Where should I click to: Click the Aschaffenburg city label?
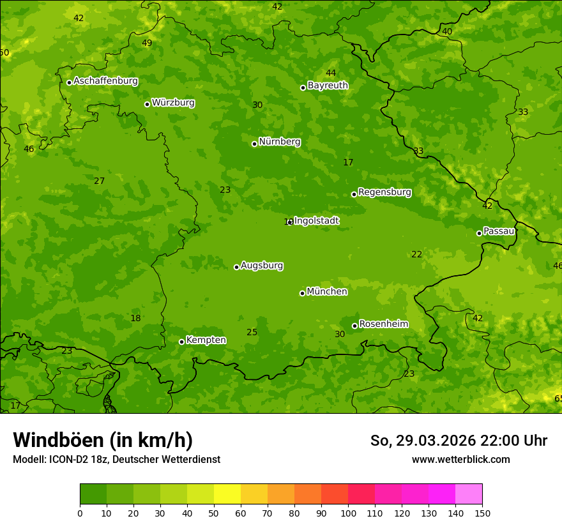105,81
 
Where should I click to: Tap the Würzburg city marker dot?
147,104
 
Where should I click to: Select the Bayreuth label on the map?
328,86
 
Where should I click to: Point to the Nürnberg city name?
280,142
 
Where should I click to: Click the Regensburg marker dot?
354,194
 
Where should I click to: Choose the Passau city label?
499,231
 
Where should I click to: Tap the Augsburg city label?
262,266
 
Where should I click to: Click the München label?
327,292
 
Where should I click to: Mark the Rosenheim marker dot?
354,326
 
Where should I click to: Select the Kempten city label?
206,340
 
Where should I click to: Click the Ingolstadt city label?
317,221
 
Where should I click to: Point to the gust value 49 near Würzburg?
147,43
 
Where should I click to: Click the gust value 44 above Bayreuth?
331,73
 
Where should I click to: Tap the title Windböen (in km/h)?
103,440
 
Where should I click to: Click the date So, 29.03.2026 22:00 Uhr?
459,441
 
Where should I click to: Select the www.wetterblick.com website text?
460,459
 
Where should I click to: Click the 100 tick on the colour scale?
348,513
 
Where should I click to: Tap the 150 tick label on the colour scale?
482,513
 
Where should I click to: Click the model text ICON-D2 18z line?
116,459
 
